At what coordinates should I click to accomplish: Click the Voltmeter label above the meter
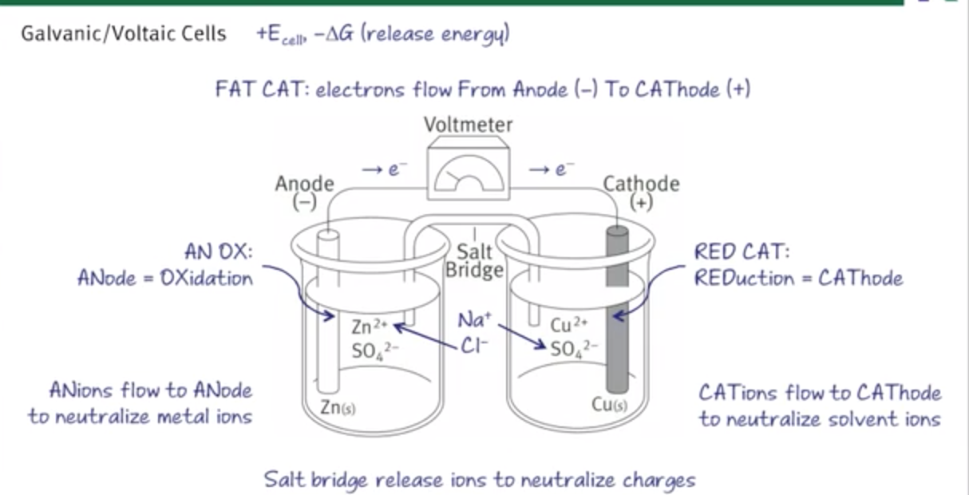tap(469, 125)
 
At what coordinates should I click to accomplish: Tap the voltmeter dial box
tap(469, 172)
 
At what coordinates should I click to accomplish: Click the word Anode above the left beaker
tap(304, 184)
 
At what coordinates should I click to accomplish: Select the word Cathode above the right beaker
tap(641, 184)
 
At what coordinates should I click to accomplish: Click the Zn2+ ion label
tap(370, 327)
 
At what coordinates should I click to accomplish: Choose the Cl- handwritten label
tap(473, 346)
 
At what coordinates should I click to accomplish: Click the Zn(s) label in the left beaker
tap(338, 407)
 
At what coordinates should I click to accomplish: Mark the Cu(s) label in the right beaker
tap(610, 404)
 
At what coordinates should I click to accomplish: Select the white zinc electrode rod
tap(326, 319)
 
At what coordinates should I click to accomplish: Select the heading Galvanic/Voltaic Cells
tap(124, 34)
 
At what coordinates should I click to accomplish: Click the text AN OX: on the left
tap(218, 252)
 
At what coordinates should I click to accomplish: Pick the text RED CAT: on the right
tap(742, 252)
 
